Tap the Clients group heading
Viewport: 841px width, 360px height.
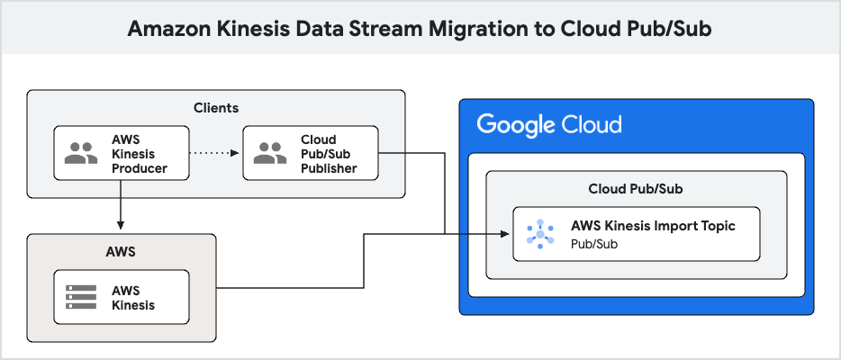tap(216, 108)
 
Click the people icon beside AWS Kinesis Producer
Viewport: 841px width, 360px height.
tap(81, 154)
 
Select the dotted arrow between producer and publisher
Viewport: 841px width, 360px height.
tap(214, 154)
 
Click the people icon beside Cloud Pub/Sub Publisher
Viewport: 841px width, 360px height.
tap(270, 154)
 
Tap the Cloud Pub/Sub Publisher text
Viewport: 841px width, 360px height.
tap(329, 154)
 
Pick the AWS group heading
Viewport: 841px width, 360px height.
tap(121, 251)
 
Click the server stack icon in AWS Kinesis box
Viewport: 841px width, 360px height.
tap(81, 298)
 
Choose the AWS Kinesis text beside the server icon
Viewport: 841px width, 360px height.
tap(133, 298)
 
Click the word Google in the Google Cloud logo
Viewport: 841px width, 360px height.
tap(515, 124)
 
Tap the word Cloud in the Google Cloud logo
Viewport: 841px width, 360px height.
tap(592, 124)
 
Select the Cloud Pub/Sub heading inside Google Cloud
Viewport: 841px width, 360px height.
tap(636, 189)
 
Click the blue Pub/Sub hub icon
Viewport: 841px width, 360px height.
tap(539, 234)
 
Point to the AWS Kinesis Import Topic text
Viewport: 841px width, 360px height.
tap(653, 226)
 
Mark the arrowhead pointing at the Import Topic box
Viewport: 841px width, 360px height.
tap(506, 234)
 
